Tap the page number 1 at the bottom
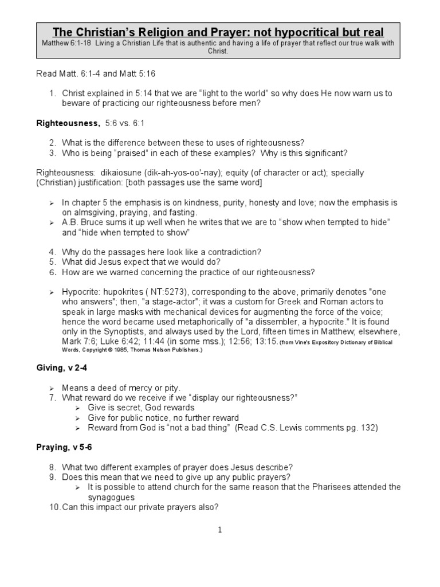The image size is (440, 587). (219, 530)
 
